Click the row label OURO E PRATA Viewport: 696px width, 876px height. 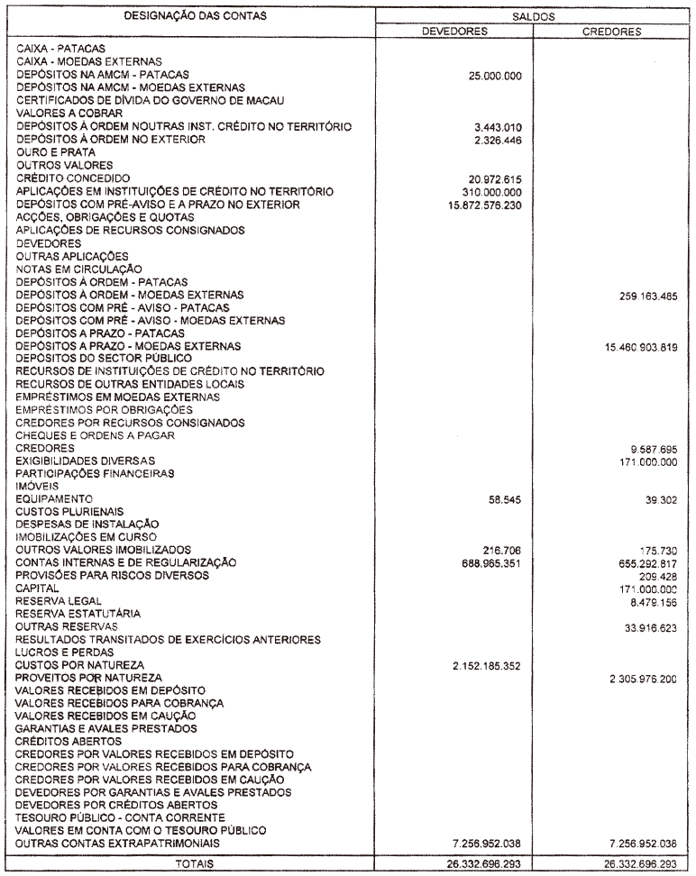[x=51, y=153]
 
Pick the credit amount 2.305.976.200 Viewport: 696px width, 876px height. [x=636, y=677]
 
